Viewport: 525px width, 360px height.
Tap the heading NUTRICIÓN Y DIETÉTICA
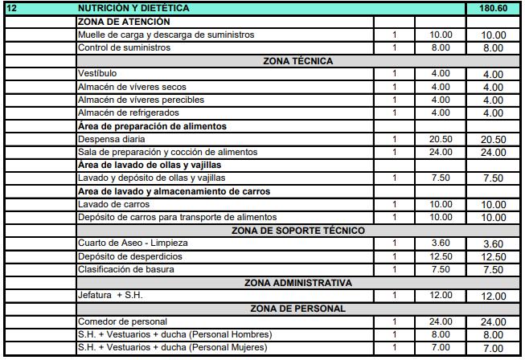click(133, 7)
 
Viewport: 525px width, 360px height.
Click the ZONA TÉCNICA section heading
click(297, 60)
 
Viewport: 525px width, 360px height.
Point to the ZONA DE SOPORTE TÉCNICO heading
click(297, 231)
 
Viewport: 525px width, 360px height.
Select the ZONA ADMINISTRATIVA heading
click(297, 282)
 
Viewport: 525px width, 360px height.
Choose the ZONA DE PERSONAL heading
click(297, 308)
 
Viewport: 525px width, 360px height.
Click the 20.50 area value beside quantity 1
click(441, 139)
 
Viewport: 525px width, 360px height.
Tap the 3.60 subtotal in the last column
click(492, 244)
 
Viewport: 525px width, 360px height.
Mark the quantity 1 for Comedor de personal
click(395, 321)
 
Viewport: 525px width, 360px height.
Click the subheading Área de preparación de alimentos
click(151, 126)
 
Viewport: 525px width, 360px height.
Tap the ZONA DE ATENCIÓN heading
click(124, 22)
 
